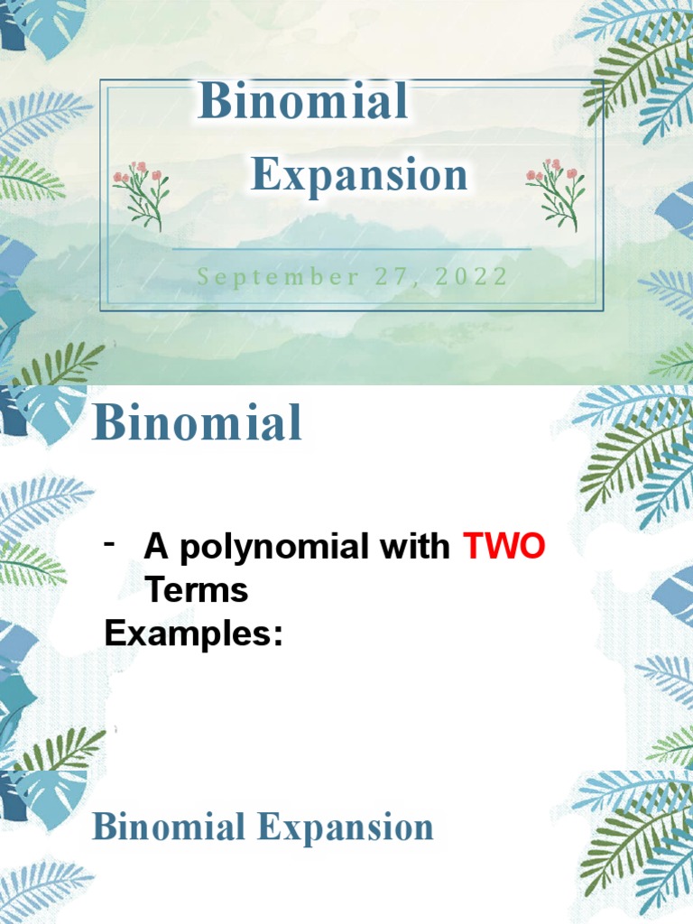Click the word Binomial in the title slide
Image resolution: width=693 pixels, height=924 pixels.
click(x=303, y=101)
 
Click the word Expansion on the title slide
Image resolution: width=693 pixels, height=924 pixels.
click(x=359, y=175)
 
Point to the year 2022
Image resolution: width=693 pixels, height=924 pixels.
click(x=471, y=276)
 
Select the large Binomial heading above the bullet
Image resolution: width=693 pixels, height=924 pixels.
click(x=197, y=423)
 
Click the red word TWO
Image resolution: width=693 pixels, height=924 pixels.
click(x=504, y=547)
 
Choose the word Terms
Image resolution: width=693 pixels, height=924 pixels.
click(x=196, y=590)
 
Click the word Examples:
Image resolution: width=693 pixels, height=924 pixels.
click(x=194, y=633)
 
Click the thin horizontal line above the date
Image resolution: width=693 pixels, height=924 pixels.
click(x=352, y=248)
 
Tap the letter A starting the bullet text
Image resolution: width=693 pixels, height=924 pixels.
click(x=158, y=547)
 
